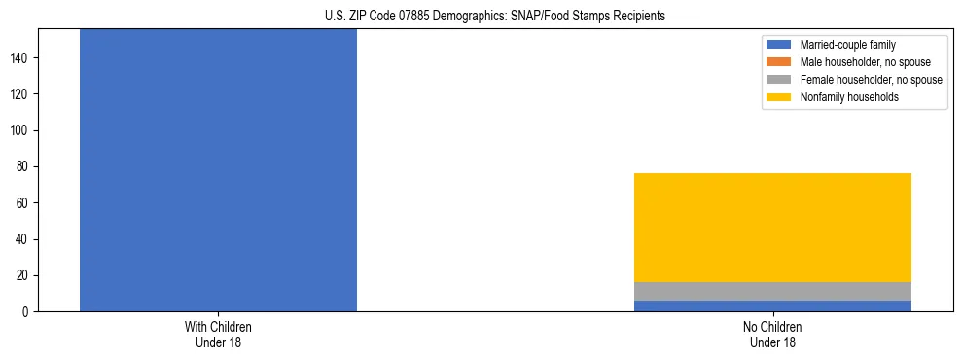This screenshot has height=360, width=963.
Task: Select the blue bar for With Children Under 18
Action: (218, 170)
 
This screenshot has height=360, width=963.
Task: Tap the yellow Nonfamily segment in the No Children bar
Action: (772, 228)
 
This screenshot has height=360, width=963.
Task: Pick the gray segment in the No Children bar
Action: (772, 291)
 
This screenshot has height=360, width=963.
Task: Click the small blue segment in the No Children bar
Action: (772, 306)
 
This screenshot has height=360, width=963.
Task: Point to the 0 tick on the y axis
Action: (28, 312)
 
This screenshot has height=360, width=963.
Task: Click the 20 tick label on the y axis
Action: (25, 276)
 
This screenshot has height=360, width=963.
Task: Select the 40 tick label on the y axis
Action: (25, 239)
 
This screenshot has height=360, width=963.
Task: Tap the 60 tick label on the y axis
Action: (25, 203)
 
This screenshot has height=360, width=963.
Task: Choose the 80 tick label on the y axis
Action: (25, 167)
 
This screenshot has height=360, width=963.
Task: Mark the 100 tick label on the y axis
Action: (22, 131)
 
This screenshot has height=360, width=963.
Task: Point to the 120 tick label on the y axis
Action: (22, 94)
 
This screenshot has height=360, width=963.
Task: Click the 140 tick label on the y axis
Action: (22, 58)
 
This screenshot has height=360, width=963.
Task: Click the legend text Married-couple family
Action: (847, 45)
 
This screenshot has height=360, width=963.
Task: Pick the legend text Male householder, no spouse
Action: (865, 62)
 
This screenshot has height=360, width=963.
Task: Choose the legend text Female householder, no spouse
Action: (871, 80)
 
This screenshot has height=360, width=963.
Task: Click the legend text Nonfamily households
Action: (849, 97)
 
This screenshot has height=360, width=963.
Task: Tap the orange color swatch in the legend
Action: (779, 62)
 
